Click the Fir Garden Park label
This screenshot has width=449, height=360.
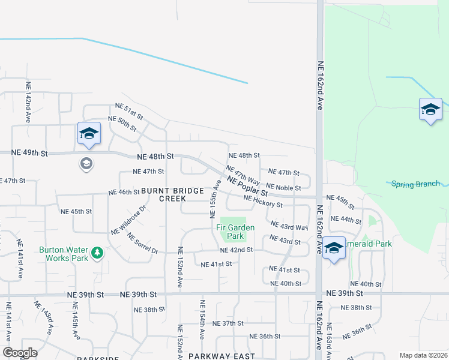(235, 232)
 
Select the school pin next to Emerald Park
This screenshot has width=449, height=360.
(333, 248)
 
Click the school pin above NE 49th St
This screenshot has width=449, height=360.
(89, 134)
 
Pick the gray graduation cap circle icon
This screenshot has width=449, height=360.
(86, 163)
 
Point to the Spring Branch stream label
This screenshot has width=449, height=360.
(415, 184)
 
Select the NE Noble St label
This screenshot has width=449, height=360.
(283, 188)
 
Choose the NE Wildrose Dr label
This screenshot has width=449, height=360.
(128, 220)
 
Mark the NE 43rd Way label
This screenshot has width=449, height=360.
(289, 226)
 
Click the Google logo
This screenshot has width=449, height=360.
(20, 353)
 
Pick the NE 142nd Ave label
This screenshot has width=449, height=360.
(28, 102)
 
